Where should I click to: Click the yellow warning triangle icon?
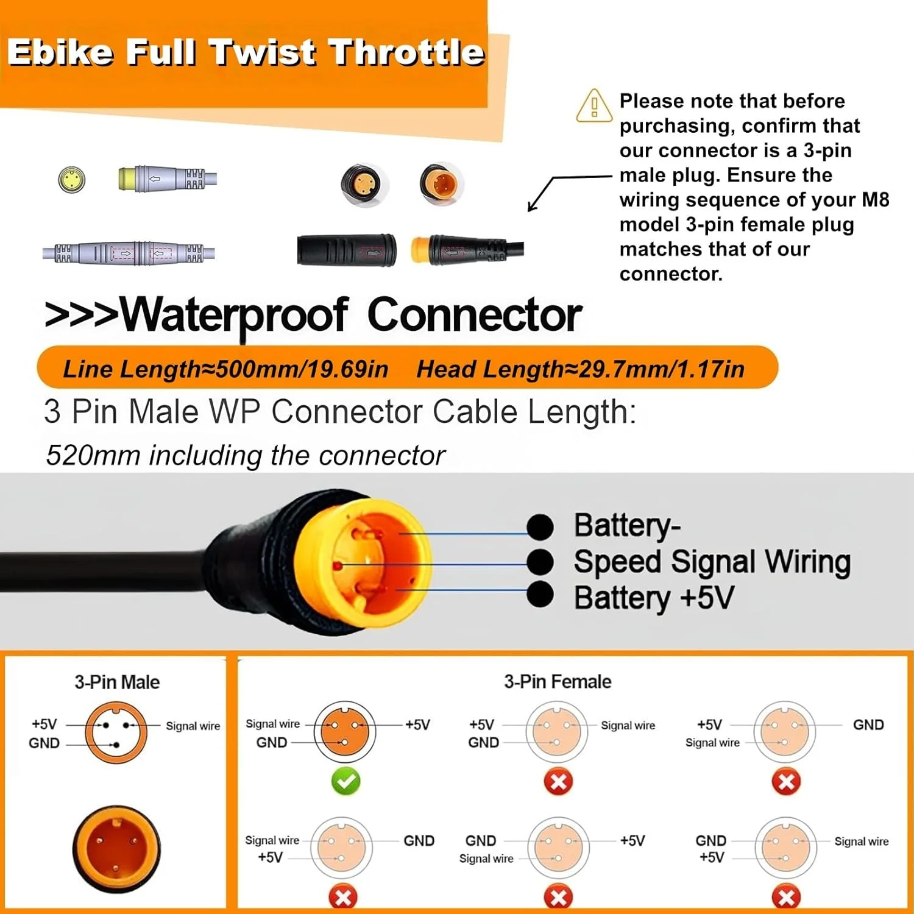(x=594, y=105)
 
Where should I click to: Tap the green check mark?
(x=345, y=781)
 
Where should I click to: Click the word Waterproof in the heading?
(x=235, y=316)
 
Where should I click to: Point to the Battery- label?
(x=627, y=526)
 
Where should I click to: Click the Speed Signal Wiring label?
(x=712, y=562)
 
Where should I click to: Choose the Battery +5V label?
(x=654, y=597)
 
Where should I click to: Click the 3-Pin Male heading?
(x=117, y=682)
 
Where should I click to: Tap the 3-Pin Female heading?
(x=558, y=681)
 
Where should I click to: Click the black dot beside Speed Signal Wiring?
(x=540, y=562)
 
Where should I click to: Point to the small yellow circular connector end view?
(x=72, y=180)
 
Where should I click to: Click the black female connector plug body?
(x=347, y=250)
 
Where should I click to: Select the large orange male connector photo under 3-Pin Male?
(x=116, y=848)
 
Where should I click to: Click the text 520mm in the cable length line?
(x=93, y=455)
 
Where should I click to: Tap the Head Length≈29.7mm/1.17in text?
(x=580, y=369)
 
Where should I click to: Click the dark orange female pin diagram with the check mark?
(x=345, y=731)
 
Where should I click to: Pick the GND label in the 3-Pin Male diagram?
(x=44, y=743)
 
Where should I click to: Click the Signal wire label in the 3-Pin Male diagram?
(x=193, y=726)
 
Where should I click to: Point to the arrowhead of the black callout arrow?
(x=530, y=208)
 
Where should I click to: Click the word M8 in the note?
(x=876, y=199)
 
